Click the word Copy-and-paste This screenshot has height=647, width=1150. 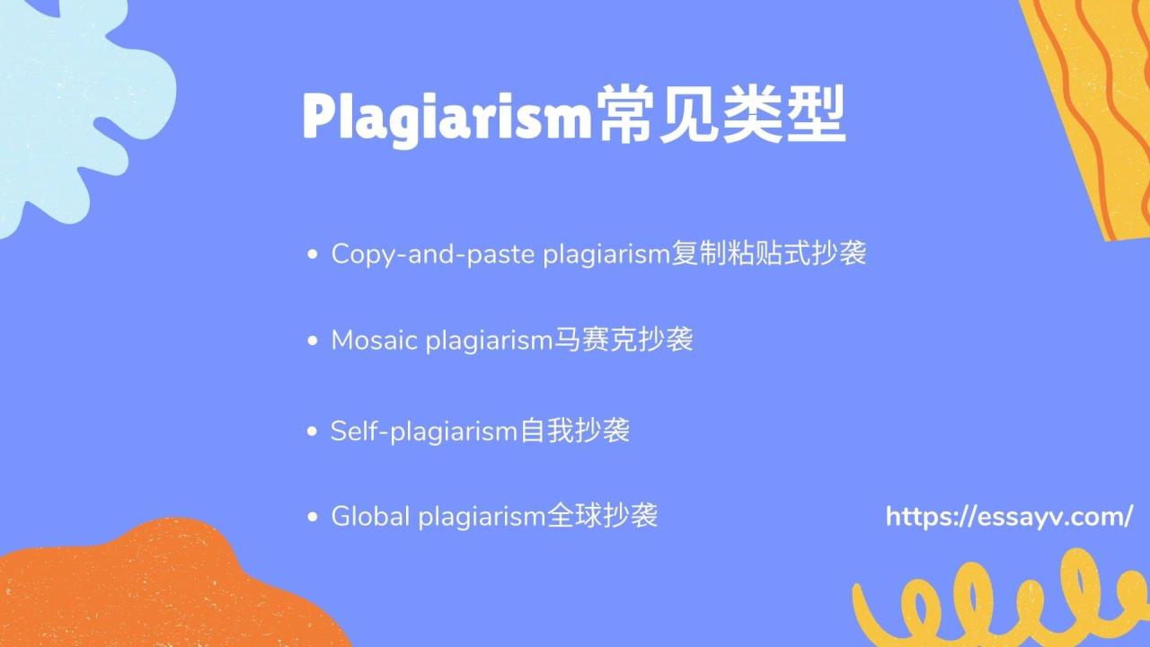(433, 254)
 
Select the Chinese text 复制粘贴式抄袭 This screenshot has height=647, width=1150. (769, 254)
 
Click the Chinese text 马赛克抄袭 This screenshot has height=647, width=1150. (622, 341)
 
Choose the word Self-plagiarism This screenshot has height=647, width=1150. (424, 430)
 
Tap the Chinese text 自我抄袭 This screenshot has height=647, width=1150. (575, 430)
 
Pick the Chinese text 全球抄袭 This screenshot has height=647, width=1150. (603, 517)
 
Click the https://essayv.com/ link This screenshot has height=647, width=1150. (1008, 517)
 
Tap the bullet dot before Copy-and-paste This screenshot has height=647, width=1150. (313, 255)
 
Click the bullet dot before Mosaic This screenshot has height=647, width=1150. (313, 341)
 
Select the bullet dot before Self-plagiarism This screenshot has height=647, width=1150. (313, 431)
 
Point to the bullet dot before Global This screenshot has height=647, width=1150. (313, 518)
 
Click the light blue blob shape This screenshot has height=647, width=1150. (72, 99)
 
